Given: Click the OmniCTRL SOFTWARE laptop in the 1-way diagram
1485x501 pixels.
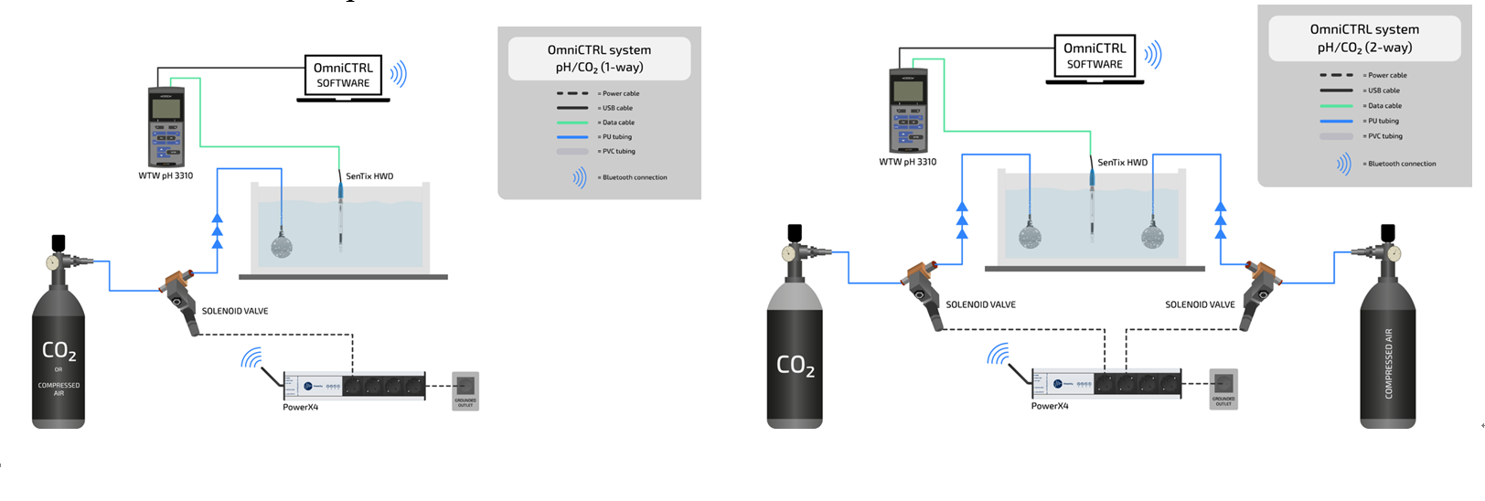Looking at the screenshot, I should pyautogui.click(x=343, y=76).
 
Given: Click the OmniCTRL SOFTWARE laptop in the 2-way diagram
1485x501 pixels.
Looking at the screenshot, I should pyautogui.click(x=1095, y=57).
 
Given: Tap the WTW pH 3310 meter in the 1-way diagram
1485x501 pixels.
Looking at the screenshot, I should pyautogui.click(x=166, y=127).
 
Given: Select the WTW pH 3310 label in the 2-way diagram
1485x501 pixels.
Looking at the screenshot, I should pyautogui.click(x=907, y=162).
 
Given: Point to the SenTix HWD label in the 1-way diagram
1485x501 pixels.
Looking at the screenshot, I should pyautogui.click(x=369, y=176).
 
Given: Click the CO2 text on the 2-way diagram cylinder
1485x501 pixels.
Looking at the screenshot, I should pyautogui.click(x=796, y=366).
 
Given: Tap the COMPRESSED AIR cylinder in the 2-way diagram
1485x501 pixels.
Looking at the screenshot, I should pyautogui.click(x=1388, y=357).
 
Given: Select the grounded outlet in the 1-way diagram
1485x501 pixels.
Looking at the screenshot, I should pyautogui.click(x=465, y=388).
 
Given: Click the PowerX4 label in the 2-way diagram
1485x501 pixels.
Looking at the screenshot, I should pyautogui.click(x=1049, y=406).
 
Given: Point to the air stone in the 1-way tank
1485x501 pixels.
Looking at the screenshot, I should pyautogui.click(x=281, y=244).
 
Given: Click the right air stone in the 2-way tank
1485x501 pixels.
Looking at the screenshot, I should pyautogui.click(x=1152, y=236).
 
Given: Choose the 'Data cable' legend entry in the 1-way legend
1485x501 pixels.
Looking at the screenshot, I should pyautogui.click(x=617, y=123).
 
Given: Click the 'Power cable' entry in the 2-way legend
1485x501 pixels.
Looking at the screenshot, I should pyautogui.click(x=1386, y=75).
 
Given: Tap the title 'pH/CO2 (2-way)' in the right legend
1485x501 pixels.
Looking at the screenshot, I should pyautogui.click(x=1364, y=48).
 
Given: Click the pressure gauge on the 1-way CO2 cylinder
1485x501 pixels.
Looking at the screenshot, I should pyautogui.click(x=53, y=262).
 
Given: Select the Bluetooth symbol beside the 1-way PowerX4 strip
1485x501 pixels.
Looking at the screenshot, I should pyautogui.click(x=251, y=357).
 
